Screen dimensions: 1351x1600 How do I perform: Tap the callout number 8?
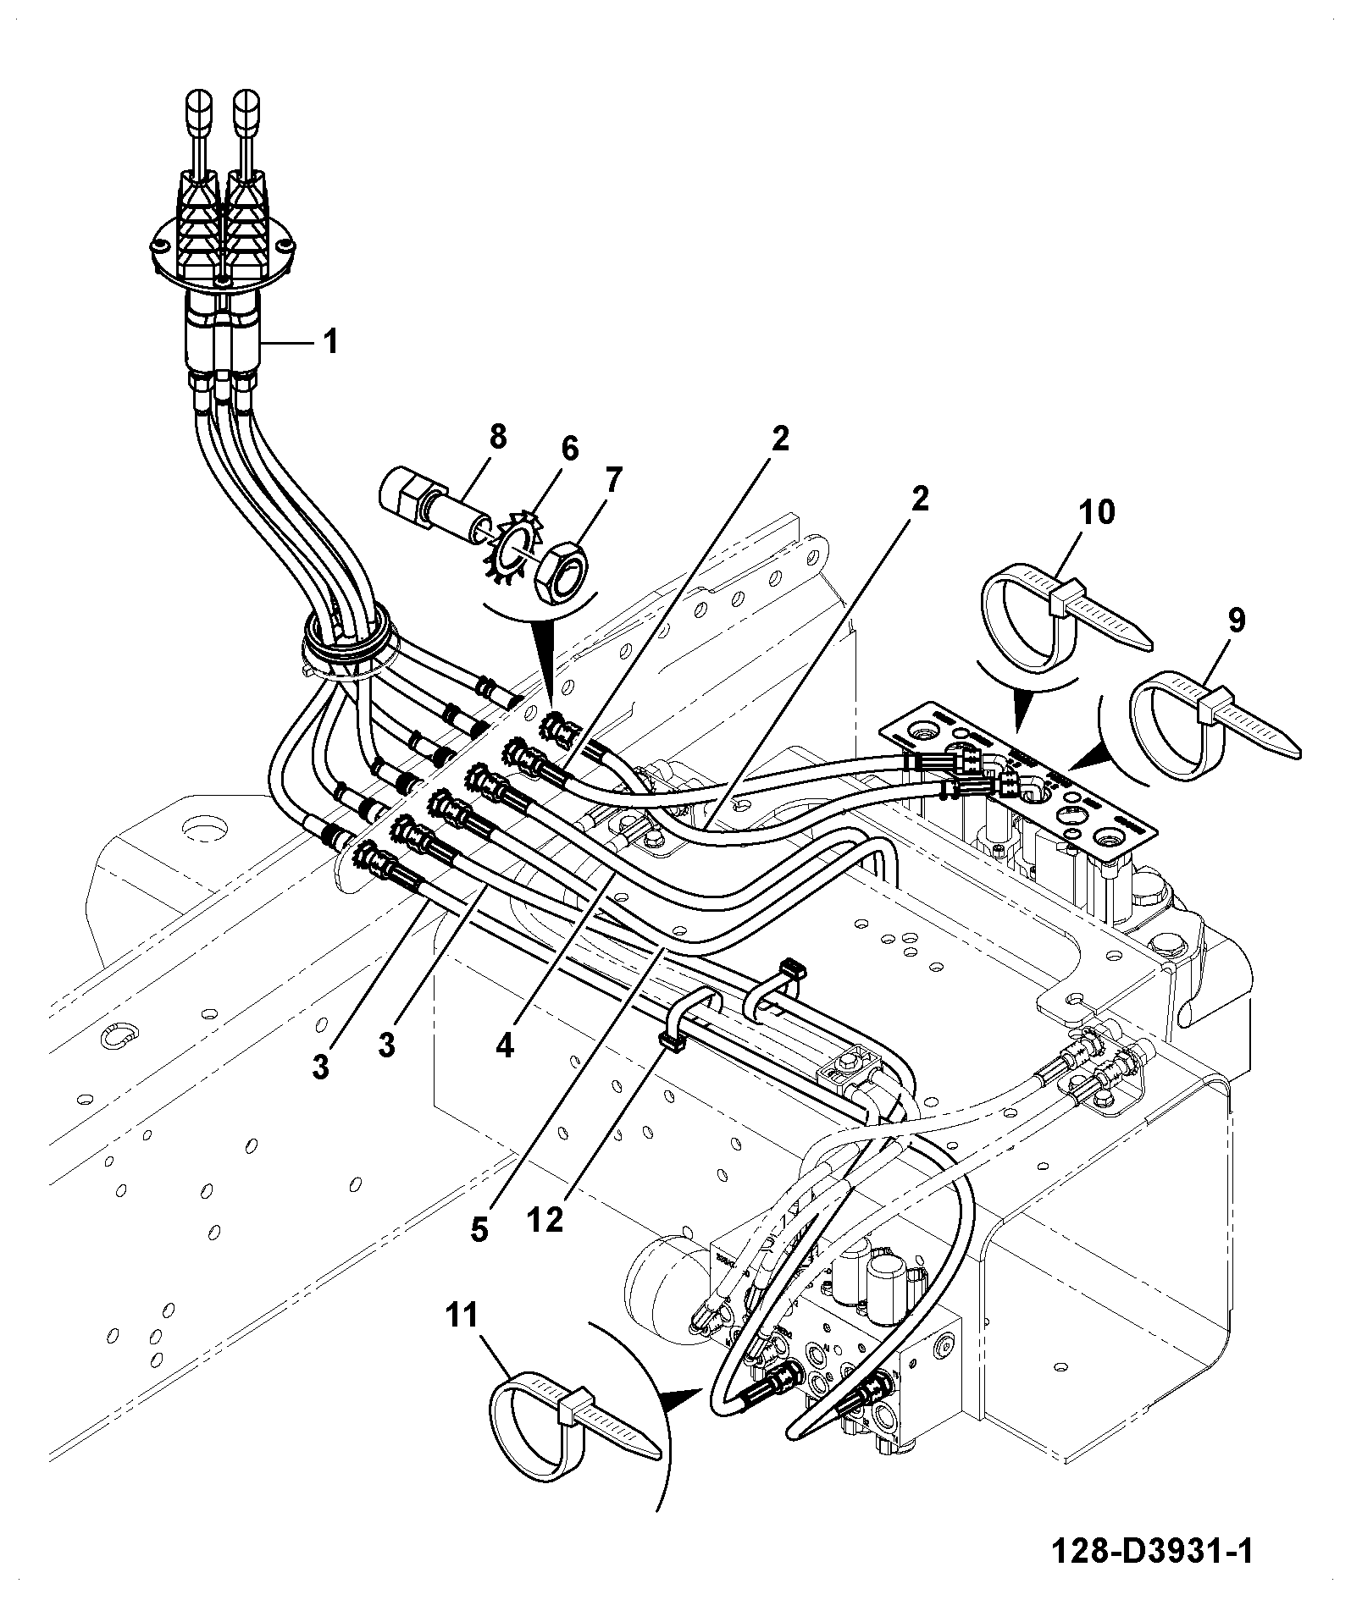497,437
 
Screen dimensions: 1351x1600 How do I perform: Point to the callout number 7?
612,480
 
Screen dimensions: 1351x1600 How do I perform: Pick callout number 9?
1237,621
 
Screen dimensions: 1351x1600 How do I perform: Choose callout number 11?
462,1315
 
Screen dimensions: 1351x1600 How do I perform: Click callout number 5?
479,1230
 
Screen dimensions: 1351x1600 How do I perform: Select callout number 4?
505,1046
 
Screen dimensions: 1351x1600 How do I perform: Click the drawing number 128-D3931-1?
1151,1551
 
